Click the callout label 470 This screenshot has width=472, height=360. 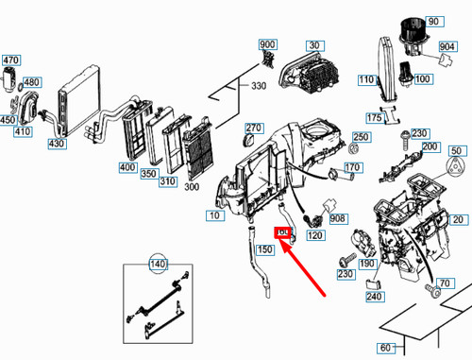pos(10,60)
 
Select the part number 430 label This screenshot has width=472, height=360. pos(57,144)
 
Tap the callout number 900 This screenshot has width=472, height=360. pos(267,45)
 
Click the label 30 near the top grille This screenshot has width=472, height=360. pos(314,45)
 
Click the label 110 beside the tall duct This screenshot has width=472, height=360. pos(366,80)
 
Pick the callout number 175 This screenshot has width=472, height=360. pos(374,118)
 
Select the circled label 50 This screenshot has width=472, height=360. pos(456,151)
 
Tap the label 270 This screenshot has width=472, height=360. pos(252,129)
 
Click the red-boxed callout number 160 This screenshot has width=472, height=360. pos(282,231)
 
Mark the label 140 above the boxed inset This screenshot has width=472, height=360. pos(158,264)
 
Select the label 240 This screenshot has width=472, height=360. pos(374,297)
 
